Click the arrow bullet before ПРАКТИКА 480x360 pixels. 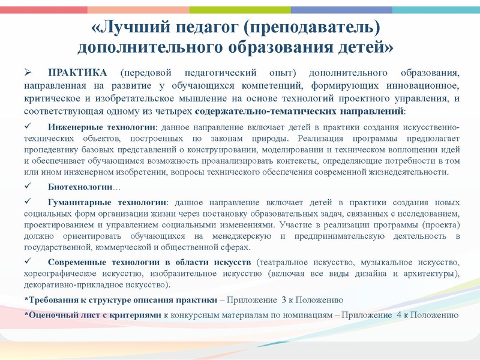(27, 73)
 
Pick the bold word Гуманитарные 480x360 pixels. (77, 203)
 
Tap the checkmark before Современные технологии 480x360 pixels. (27, 262)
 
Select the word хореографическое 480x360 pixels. (64, 274)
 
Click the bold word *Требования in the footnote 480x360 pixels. (52, 299)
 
